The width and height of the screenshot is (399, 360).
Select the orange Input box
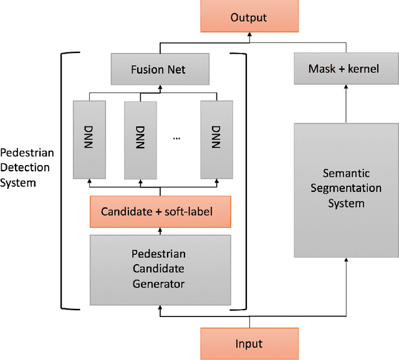pos(248,343)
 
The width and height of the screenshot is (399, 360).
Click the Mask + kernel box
pos(344,69)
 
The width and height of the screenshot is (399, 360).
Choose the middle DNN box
pos(139,138)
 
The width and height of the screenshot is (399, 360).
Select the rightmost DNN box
pos(216,138)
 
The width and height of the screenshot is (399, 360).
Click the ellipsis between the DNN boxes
pos(176,138)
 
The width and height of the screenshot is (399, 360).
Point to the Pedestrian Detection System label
pos(27,167)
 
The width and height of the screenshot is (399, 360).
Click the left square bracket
pos(64,181)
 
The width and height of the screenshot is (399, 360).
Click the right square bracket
pos(241,181)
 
